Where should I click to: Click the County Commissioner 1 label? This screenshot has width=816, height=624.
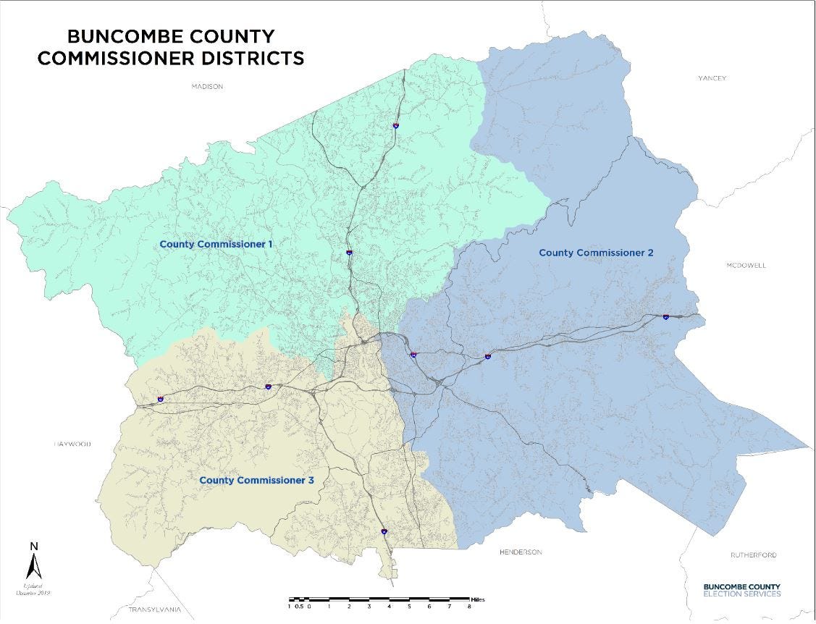click(x=216, y=244)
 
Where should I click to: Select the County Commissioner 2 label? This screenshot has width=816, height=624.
click(x=596, y=253)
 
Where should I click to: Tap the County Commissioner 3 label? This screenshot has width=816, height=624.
click(x=256, y=480)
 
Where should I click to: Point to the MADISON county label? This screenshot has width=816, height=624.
click(x=207, y=86)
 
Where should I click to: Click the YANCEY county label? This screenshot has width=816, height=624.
click(x=712, y=78)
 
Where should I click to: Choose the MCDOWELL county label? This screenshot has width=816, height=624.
click(x=745, y=266)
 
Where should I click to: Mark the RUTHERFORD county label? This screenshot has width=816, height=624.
click(x=753, y=555)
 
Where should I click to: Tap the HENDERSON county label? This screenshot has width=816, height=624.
click(x=520, y=552)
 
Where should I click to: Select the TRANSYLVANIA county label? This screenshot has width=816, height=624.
click(x=152, y=610)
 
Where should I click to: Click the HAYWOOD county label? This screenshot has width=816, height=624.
click(x=72, y=444)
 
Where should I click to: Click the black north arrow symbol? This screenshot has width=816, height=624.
click(x=33, y=565)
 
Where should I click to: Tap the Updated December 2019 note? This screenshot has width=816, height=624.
click(x=33, y=590)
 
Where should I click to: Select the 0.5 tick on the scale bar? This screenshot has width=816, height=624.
click(x=298, y=607)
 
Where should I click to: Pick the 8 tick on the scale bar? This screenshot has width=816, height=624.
click(x=469, y=607)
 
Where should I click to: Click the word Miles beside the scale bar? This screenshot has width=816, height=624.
click(x=478, y=599)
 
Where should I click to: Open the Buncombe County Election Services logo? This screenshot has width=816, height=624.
click(x=741, y=590)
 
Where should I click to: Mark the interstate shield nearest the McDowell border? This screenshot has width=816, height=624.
click(x=665, y=316)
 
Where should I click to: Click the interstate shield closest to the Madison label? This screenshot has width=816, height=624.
click(x=395, y=125)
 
